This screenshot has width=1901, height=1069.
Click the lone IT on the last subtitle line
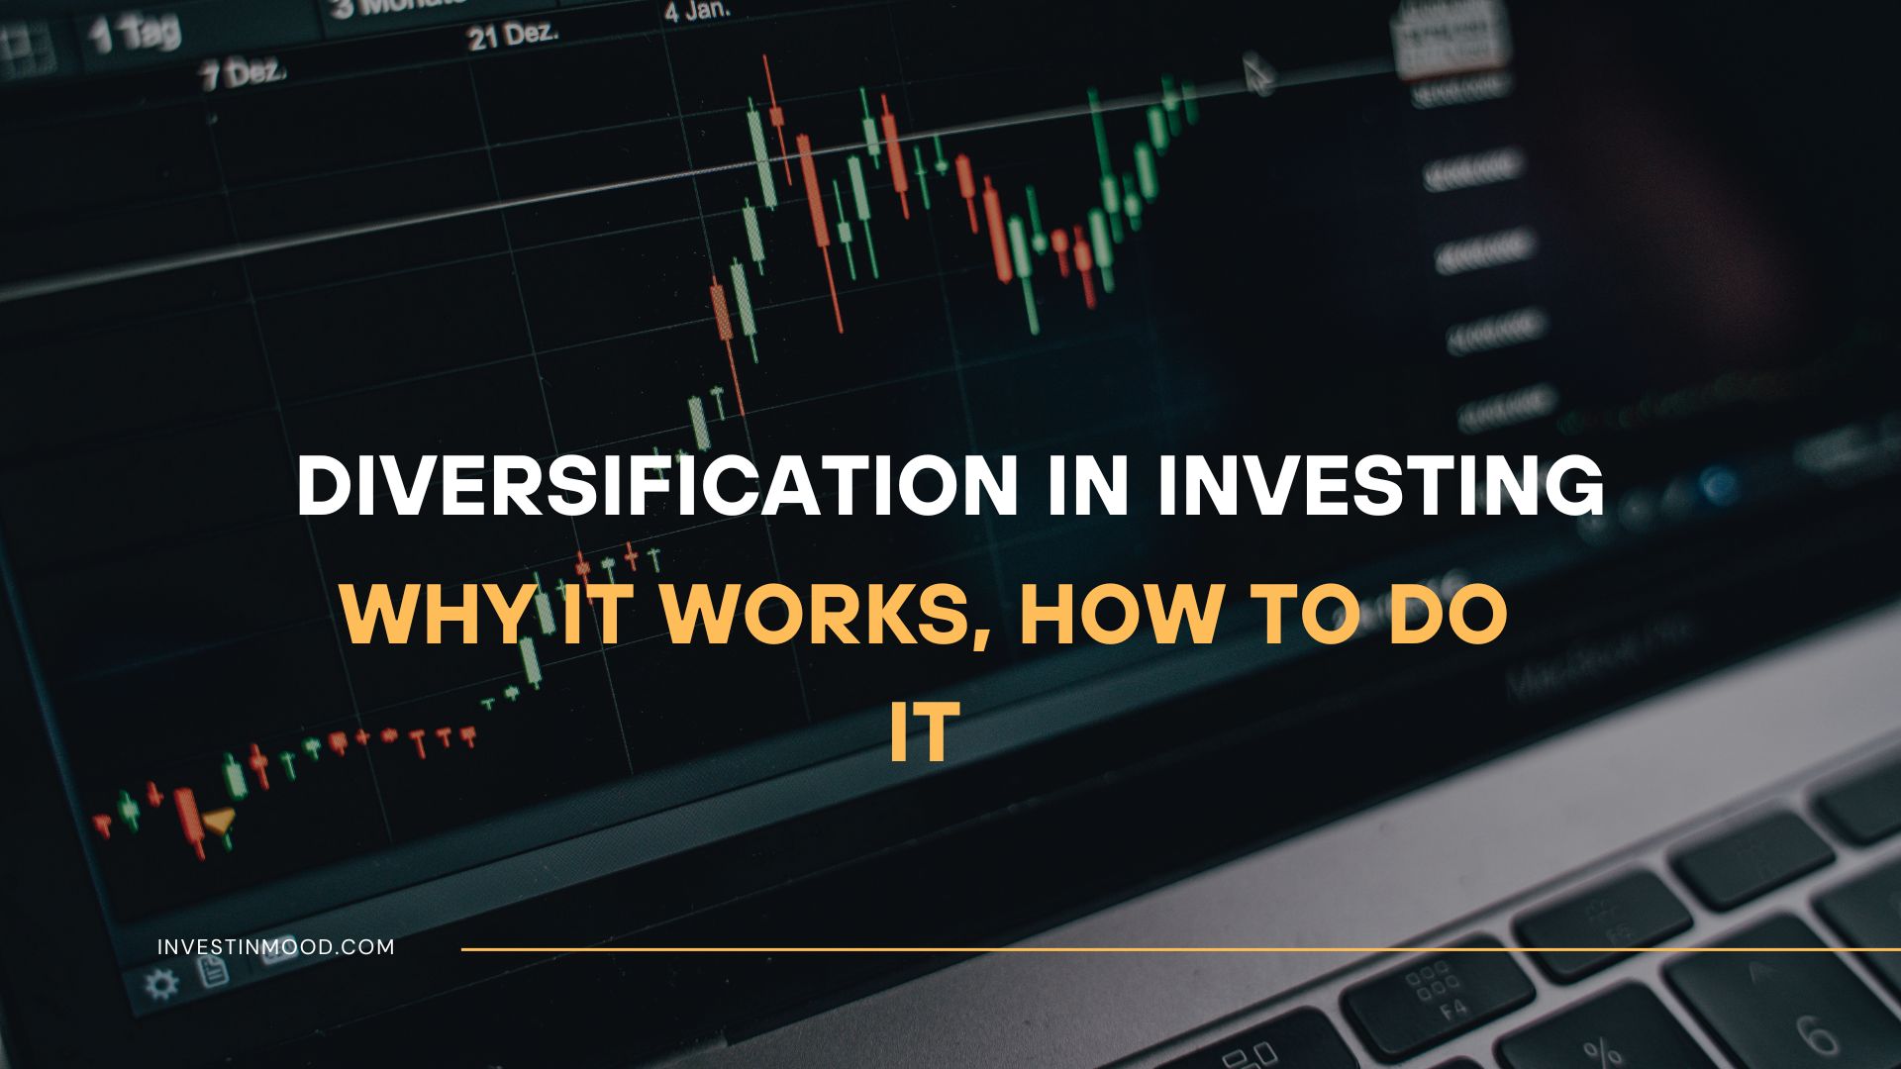coord(925,733)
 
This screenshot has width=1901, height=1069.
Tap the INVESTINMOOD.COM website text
coord(276,947)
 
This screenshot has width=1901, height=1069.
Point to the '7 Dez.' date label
coord(244,74)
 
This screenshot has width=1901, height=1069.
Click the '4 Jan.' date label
coord(697,12)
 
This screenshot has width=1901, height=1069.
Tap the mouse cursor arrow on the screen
coord(1256,74)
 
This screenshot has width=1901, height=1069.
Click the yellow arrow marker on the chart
coord(219,820)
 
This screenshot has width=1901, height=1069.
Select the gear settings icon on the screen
coord(161,984)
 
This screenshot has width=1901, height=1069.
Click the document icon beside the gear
coord(213,971)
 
